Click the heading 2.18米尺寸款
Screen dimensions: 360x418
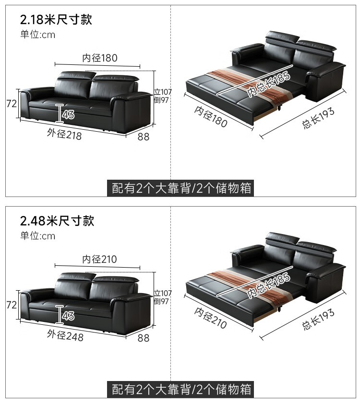tap(56, 20)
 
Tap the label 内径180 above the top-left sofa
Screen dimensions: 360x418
tap(100, 58)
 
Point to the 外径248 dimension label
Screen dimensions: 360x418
tap(65, 335)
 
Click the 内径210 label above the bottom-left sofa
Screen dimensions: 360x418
tap(100, 259)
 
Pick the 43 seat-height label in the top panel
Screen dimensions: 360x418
tap(68, 114)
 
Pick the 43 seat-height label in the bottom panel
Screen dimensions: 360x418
tap(68, 316)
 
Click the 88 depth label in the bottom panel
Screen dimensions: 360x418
tap(144, 338)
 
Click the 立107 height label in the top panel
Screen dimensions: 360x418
tap(163, 92)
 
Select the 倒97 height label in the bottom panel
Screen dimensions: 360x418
tap(161, 301)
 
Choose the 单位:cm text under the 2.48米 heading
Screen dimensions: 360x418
tap(37, 236)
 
